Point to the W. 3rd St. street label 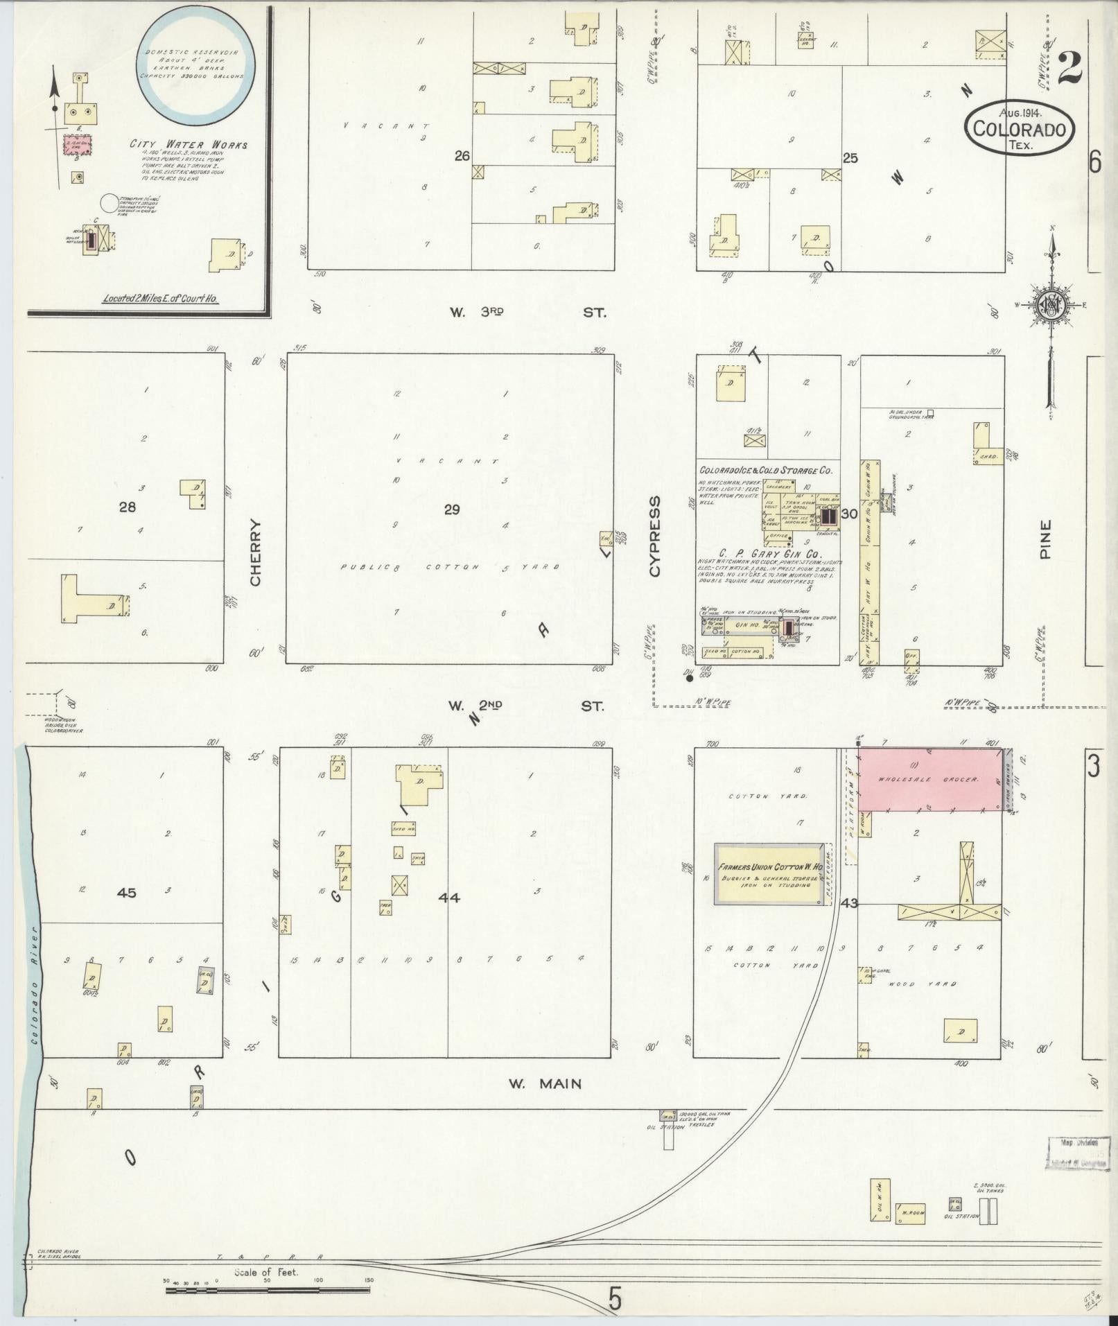pyautogui.click(x=527, y=313)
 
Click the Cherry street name pyautogui.click(x=255, y=552)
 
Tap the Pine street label pyautogui.click(x=1045, y=539)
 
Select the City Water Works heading pyautogui.click(x=189, y=145)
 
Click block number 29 pyautogui.click(x=451, y=509)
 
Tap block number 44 pyautogui.click(x=449, y=898)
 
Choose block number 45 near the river pyautogui.click(x=127, y=893)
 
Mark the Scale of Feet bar pyautogui.click(x=267, y=1290)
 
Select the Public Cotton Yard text pyautogui.click(x=451, y=567)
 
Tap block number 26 pyautogui.click(x=462, y=156)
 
